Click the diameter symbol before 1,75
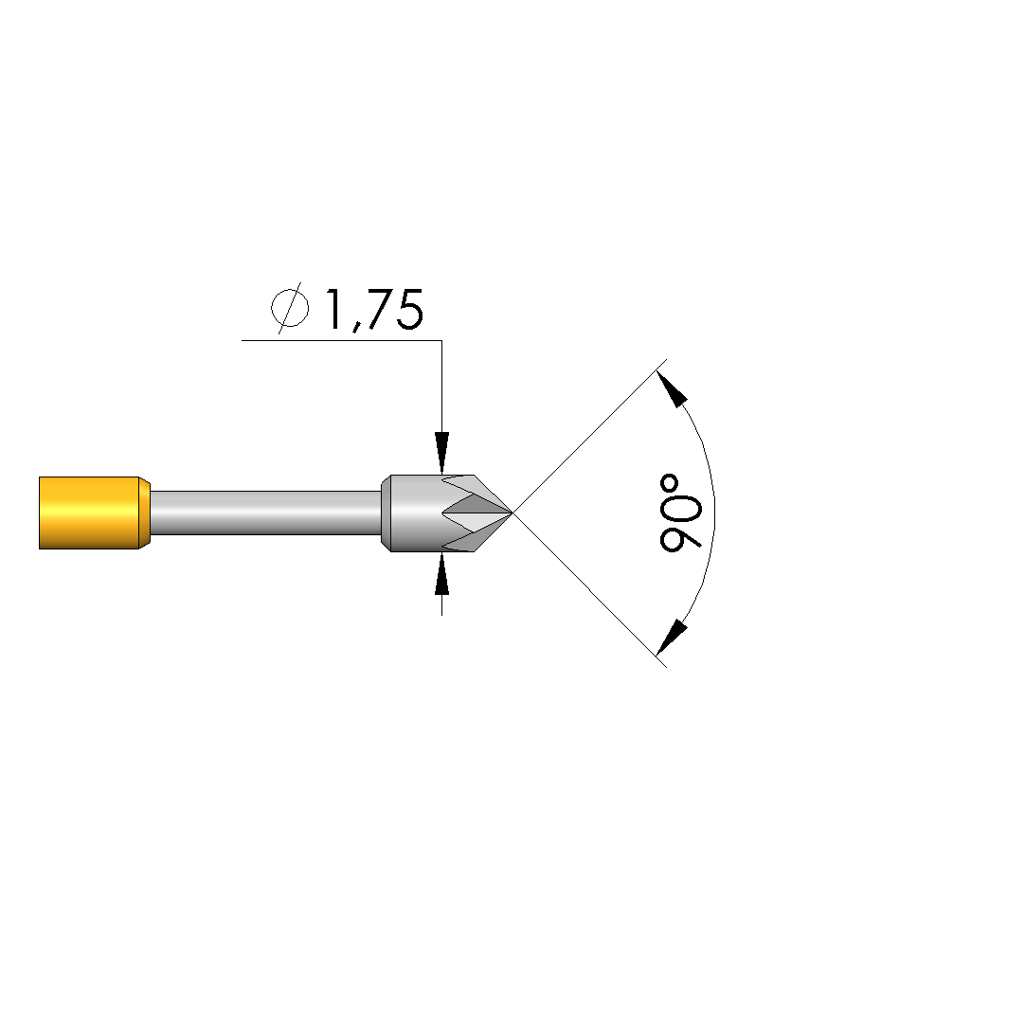point(290,308)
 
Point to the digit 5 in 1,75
point(410,310)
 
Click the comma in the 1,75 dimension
point(356,326)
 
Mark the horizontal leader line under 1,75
point(341,340)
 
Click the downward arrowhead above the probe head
point(442,453)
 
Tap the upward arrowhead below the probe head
point(442,573)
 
